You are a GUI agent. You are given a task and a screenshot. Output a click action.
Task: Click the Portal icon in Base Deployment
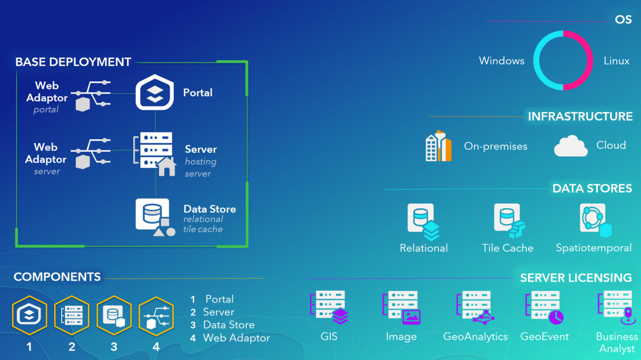(x=155, y=92)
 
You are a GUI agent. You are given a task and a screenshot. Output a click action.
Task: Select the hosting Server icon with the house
(x=155, y=152)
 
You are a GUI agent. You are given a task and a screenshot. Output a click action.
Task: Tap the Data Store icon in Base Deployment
(x=153, y=216)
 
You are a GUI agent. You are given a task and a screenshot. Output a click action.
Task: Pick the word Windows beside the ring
(x=501, y=61)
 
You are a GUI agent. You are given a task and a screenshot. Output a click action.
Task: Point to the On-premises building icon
(x=439, y=146)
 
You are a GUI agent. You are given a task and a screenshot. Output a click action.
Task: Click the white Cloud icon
(x=571, y=146)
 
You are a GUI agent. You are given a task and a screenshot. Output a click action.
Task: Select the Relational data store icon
(x=423, y=221)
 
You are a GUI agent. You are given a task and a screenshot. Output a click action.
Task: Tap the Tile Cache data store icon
(x=508, y=220)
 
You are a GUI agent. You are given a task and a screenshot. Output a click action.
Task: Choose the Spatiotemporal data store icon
(x=595, y=220)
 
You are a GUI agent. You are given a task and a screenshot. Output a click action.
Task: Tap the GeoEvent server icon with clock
(x=545, y=307)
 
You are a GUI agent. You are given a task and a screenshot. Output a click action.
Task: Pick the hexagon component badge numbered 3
(x=114, y=315)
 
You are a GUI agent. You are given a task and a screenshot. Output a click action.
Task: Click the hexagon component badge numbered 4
(x=156, y=315)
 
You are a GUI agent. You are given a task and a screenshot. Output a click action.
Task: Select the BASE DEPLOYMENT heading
(x=73, y=62)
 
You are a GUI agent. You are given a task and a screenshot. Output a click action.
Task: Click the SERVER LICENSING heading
(x=576, y=277)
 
